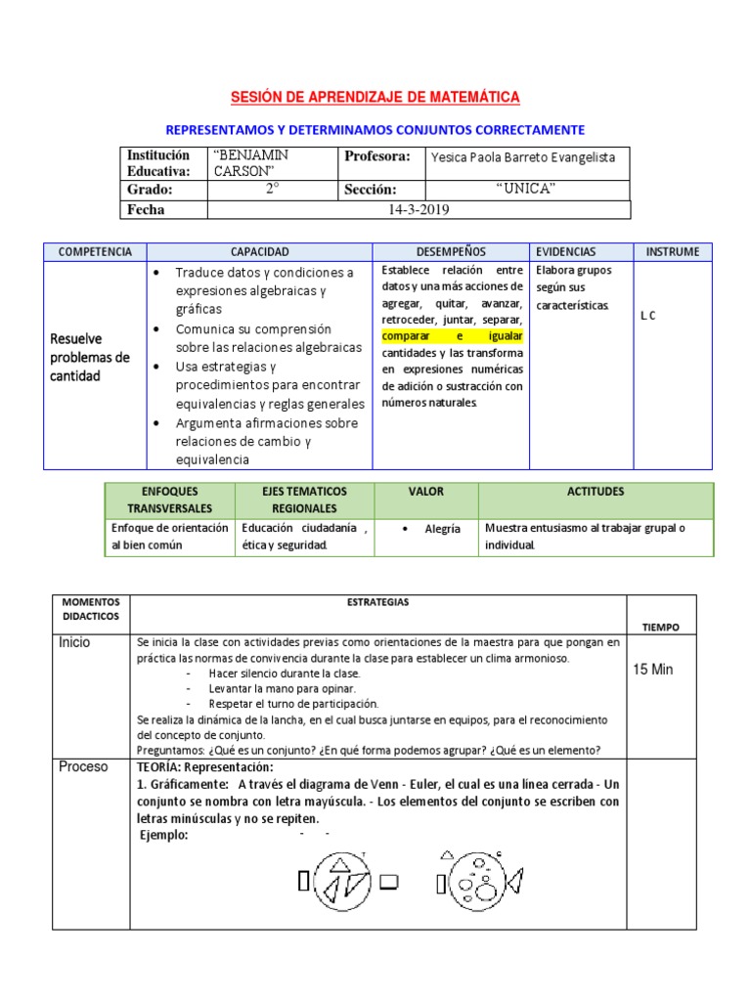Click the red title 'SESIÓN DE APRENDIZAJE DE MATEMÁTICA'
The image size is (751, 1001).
tap(375, 97)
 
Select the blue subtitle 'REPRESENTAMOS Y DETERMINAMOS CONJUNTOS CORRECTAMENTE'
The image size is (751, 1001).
tap(375, 129)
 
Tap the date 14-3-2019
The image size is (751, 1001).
tap(419, 209)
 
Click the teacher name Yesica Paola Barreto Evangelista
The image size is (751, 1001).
tap(523, 158)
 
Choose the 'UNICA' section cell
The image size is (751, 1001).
tap(526, 189)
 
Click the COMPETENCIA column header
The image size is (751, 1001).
tap(95, 252)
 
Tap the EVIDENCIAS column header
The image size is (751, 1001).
tap(565, 252)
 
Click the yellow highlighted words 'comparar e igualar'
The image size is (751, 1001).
tap(452, 335)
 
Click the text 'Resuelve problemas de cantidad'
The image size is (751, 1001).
tap(90, 358)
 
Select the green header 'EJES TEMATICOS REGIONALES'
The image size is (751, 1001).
tap(304, 500)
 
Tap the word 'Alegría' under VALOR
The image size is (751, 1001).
tap(442, 529)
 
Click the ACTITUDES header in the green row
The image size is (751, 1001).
tap(595, 492)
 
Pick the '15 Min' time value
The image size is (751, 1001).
tap(654, 670)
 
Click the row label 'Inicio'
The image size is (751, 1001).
tap(73, 642)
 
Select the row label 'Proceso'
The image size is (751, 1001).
tap(83, 766)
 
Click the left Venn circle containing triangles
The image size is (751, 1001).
tap(346, 881)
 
